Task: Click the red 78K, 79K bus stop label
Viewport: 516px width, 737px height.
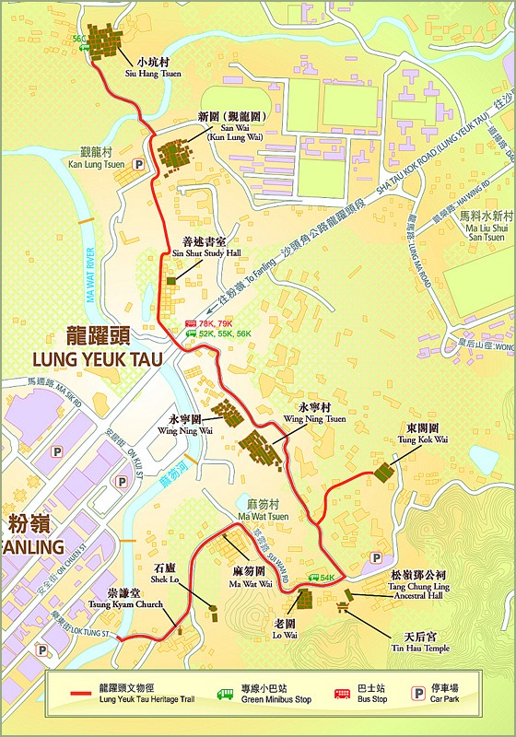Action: coord(215,323)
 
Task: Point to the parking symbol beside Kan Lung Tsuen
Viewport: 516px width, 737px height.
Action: coord(140,164)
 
